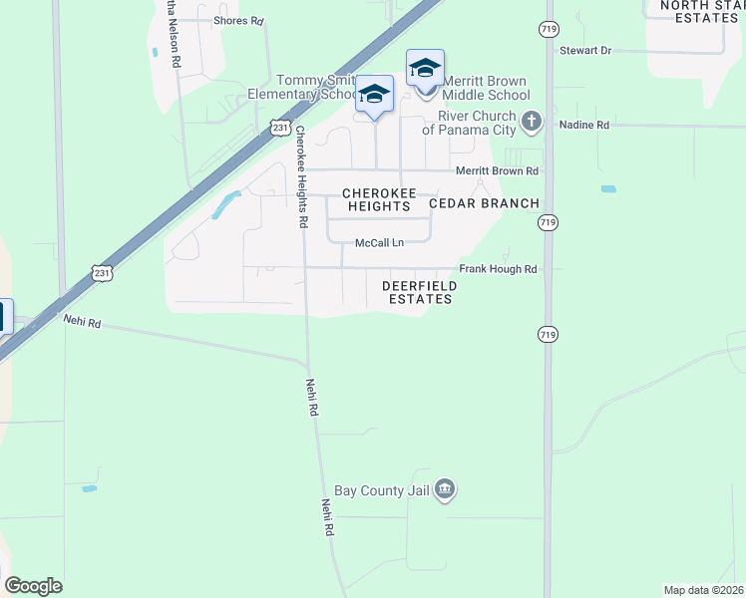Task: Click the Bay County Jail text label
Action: [x=383, y=490]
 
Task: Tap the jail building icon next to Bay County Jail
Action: [x=446, y=489]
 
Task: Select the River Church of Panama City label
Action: [x=469, y=123]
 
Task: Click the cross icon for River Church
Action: [x=532, y=123]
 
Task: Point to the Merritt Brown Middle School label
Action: [x=486, y=88]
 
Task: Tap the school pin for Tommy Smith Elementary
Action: [x=375, y=95]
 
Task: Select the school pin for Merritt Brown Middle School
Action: [x=425, y=69]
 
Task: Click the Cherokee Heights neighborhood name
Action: [x=376, y=199]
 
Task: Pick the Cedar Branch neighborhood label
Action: [x=484, y=203]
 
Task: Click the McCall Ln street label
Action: [x=380, y=243]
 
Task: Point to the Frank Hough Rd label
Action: [x=498, y=269]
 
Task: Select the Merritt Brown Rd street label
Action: [x=497, y=171]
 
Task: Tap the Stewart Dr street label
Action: [x=584, y=50]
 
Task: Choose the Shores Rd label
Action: [x=238, y=20]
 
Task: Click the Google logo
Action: [x=33, y=586]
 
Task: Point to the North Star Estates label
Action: [x=697, y=11]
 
